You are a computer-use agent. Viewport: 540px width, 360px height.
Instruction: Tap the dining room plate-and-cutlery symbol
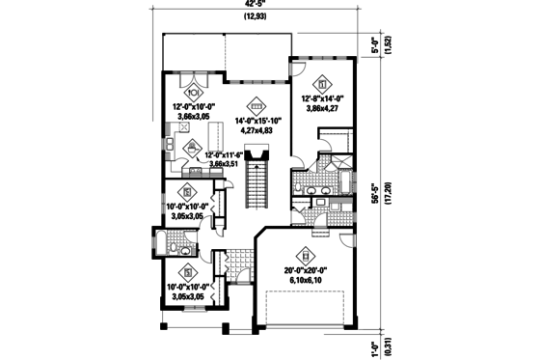pos(193,94)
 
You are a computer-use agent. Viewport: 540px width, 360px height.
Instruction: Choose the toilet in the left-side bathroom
pos(177,247)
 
